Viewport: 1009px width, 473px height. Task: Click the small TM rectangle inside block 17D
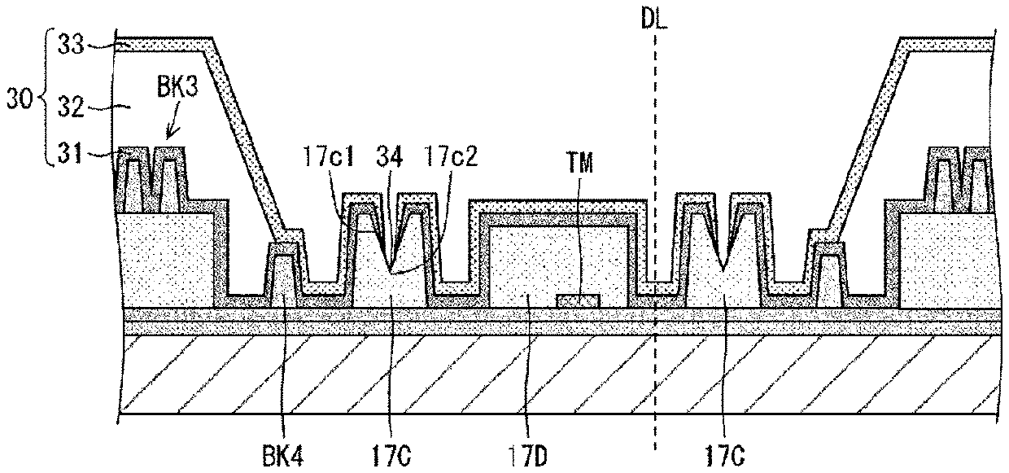pos(578,301)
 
